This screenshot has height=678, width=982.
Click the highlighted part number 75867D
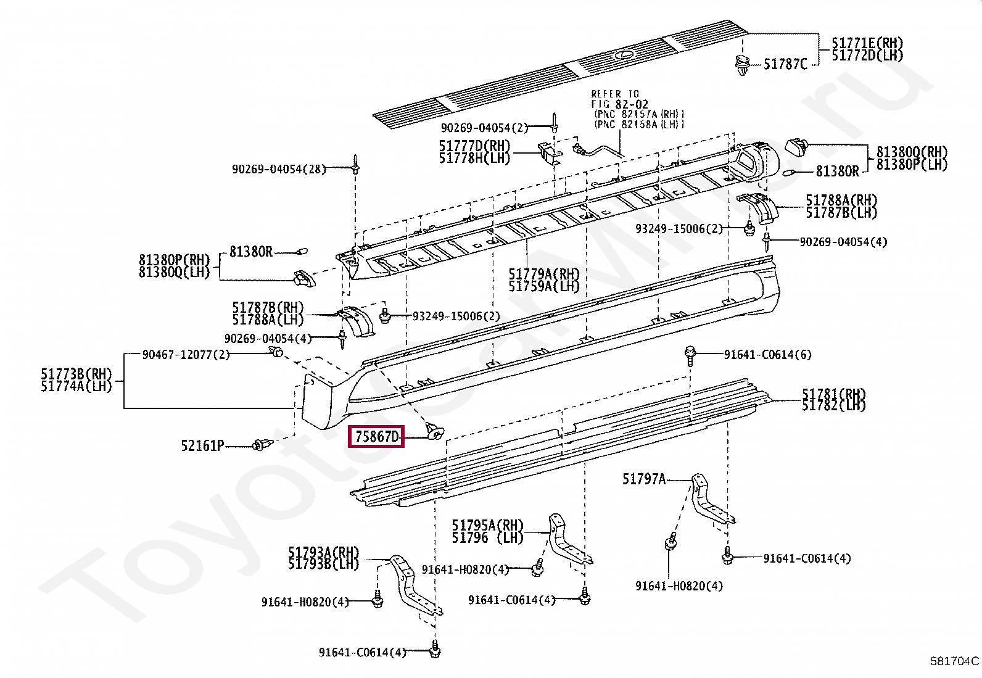[377, 437]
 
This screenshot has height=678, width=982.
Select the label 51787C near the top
[785, 64]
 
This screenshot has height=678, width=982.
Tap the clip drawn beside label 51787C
[741, 64]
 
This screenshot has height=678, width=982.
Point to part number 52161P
[202, 445]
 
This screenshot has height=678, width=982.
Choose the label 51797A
[643, 478]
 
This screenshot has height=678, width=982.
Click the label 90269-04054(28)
[278, 169]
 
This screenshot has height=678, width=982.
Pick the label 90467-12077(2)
[186, 355]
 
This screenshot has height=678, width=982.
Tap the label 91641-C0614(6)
[767, 355]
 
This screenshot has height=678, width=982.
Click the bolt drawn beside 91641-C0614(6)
[690, 354]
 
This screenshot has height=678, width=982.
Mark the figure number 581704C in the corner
[954, 661]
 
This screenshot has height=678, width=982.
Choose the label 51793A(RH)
[323, 552]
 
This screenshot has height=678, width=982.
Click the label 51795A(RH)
[487, 526]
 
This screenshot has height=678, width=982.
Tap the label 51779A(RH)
[543, 273]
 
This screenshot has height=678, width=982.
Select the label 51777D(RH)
[474, 146]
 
